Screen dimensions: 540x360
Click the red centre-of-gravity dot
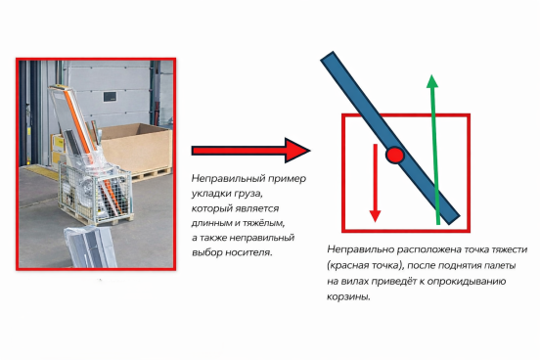pos(394,155)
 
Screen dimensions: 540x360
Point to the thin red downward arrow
pos(375,183)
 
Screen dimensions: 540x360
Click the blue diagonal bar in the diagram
pos(390,139)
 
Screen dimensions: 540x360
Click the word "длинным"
pos(211,223)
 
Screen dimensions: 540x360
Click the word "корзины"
pos(348,297)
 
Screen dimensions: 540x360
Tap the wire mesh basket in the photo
pos(95,193)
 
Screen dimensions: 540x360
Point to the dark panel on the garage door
pos(110,97)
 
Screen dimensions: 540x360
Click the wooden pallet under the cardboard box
pos(152,175)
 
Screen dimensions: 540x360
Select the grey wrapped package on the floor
pos(91,247)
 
